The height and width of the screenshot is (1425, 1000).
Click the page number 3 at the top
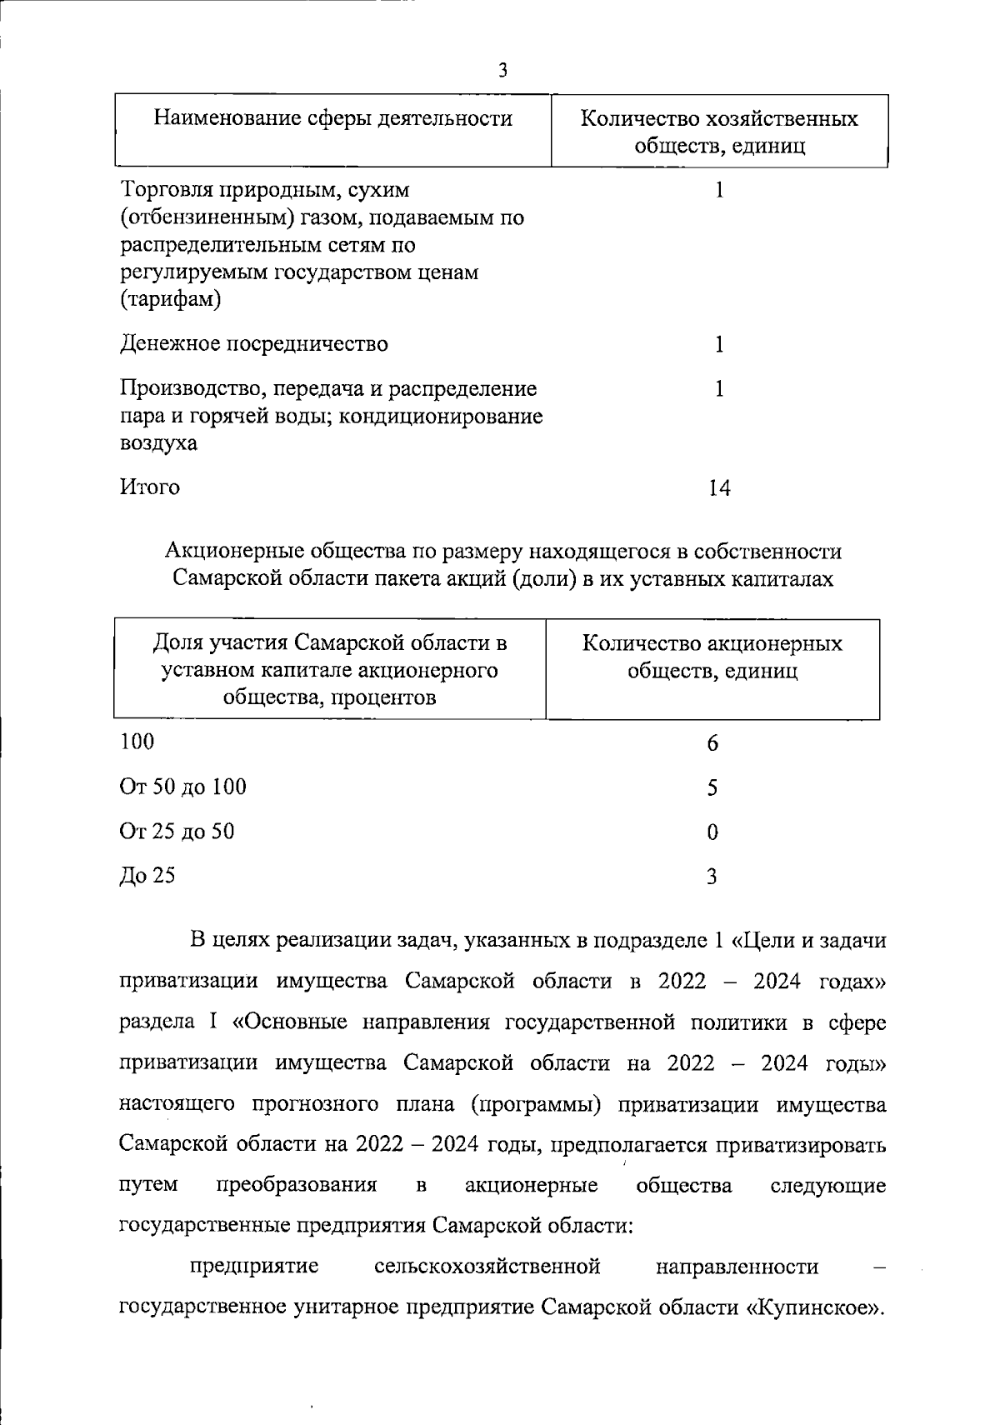[502, 70]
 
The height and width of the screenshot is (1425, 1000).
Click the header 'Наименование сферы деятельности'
[332, 118]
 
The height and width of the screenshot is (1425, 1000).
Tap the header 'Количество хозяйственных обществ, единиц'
[719, 132]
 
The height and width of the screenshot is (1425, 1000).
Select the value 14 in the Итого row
[718, 487]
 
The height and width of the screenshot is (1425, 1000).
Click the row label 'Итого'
[150, 487]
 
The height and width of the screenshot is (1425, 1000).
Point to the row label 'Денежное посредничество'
[254, 343]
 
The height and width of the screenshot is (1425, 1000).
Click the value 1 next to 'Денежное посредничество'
[719, 344]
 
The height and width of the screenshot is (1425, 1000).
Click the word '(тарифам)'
[171, 299]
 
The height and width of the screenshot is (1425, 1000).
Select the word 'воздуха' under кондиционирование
[159, 442]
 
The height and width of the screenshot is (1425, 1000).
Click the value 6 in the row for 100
[712, 742]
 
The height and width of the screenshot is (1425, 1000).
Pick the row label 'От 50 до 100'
[183, 787]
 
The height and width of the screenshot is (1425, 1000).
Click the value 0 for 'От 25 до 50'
[712, 832]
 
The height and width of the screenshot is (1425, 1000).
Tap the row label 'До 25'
[147, 875]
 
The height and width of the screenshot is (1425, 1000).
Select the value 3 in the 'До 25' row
[712, 876]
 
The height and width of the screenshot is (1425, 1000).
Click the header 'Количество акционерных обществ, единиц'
[712, 657]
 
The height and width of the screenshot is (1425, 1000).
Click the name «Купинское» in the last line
[812, 1306]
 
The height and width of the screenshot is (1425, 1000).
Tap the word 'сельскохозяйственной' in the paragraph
[487, 1267]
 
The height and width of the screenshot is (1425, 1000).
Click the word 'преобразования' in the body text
[297, 1184]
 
